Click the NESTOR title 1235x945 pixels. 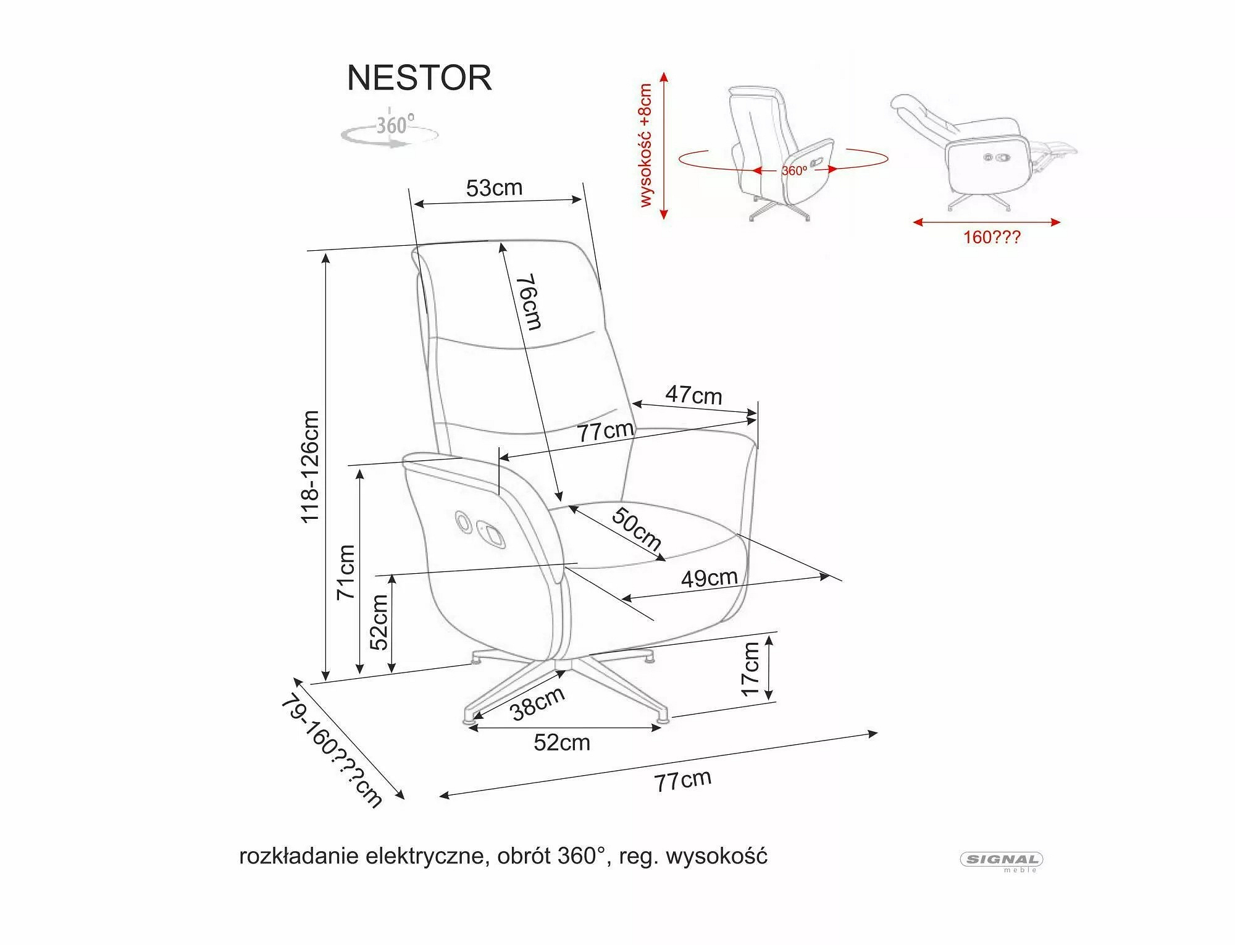click(x=419, y=78)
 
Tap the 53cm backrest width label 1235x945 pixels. click(x=494, y=188)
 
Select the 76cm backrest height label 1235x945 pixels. click(x=529, y=302)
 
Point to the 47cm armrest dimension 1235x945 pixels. click(x=693, y=395)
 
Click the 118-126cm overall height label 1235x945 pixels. click(x=310, y=467)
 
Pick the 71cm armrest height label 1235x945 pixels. click(x=346, y=572)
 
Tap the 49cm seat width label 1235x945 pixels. click(x=709, y=577)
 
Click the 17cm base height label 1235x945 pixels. click(x=750, y=668)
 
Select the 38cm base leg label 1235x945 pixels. click(x=537, y=703)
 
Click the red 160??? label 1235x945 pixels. click(x=992, y=237)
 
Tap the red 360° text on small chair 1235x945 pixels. click(x=794, y=170)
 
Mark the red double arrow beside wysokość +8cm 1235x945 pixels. click(x=664, y=146)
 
